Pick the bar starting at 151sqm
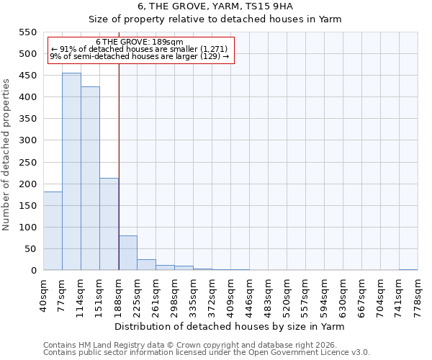pos(109,224)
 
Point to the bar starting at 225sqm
pos(146,264)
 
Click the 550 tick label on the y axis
pos(27,32)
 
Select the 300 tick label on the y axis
pos(27,140)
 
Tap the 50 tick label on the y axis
pos(30,248)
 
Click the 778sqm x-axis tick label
pos(418,295)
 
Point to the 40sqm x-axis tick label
pos(43,295)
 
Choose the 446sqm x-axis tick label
pos(249,295)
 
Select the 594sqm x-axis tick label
pos(324,295)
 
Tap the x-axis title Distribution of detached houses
pos(230,327)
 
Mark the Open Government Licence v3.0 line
pos(207,352)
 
